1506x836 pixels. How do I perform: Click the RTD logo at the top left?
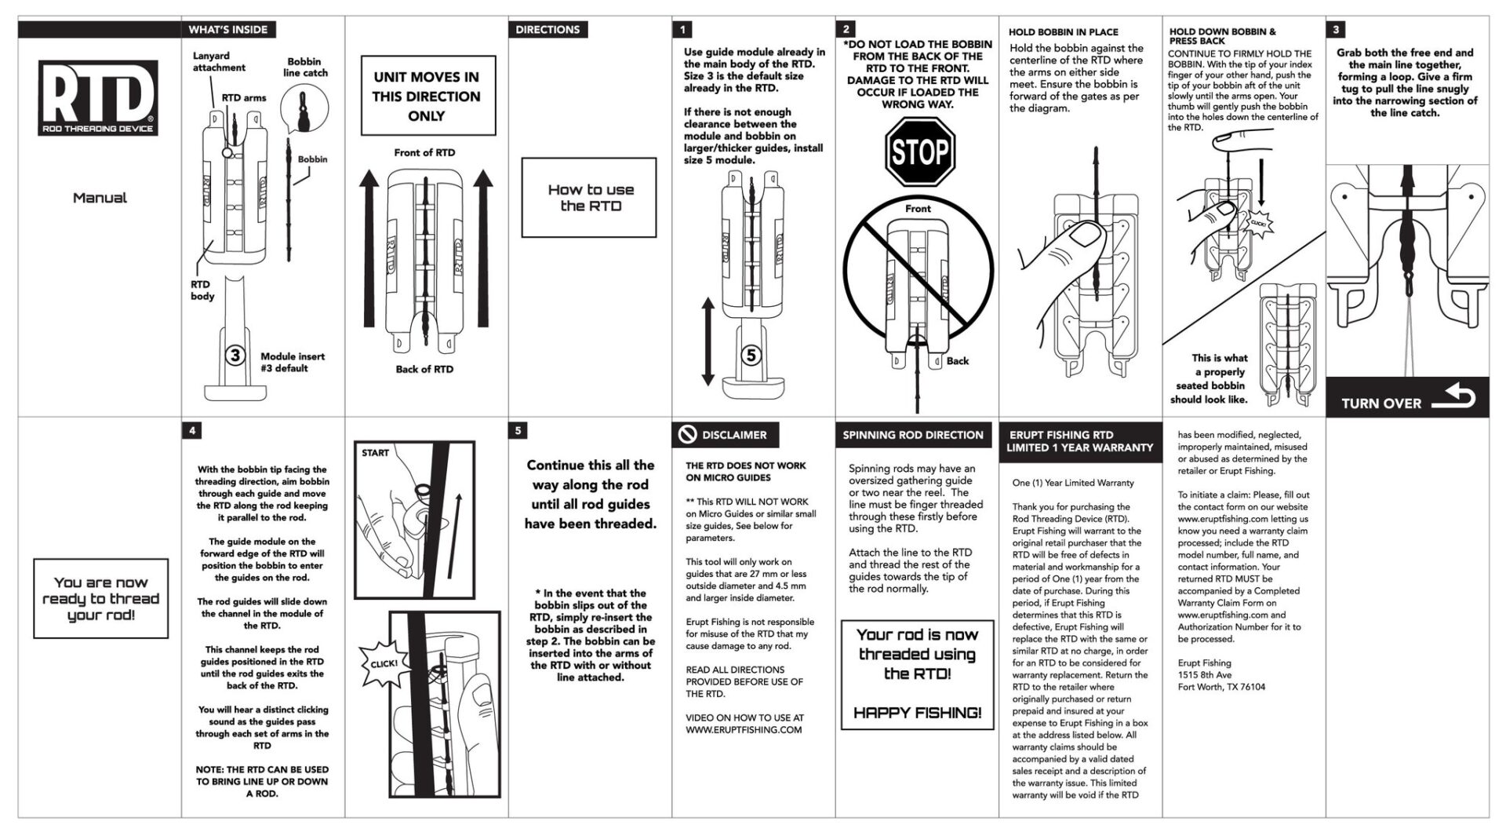click(x=99, y=98)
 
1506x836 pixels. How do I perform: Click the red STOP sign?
click(x=919, y=152)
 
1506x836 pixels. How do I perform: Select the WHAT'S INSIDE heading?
click(x=228, y=30)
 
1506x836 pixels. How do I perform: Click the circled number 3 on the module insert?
click(x=235, y=356)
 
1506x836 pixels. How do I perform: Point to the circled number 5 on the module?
click(x=751, y=356)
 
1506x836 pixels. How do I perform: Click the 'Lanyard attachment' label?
click(x=219, y=62)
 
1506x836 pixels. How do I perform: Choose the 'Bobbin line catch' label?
click(x=305, y=67)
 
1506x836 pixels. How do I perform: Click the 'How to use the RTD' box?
click(x=590, y=198)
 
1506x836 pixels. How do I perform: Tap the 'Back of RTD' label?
click(x=424, y=369)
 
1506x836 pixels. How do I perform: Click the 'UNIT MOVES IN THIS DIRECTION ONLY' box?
click(x=427, y=96)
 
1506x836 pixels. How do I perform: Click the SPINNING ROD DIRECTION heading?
click(x=912, y=435)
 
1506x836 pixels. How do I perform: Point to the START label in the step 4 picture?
click(x=375, y=453)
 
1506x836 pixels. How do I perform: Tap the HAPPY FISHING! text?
click(x=917, y=713)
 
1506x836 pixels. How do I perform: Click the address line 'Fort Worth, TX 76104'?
click(x=1221, y=687)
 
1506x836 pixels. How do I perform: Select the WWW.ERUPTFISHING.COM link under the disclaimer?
click(x=744, y=729)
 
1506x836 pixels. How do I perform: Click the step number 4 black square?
click(x=192, y=431)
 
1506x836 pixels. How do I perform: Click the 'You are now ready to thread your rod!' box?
click(x=100, y=598)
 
